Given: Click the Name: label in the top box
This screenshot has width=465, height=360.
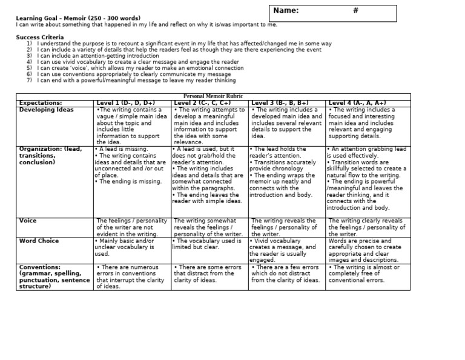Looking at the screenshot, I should tap(286, 11).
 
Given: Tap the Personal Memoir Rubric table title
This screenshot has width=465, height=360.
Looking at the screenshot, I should tap(209, 96).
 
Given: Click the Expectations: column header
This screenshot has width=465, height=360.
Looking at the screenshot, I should tap(41, 103).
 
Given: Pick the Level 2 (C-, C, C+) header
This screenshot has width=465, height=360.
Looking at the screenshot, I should tap(202, 103).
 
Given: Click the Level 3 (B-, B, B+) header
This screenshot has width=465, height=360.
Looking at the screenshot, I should tap(280, 103).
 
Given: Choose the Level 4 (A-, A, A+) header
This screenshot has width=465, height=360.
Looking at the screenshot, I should tap(357, 103).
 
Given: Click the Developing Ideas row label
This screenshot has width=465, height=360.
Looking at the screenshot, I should tap(47, 110).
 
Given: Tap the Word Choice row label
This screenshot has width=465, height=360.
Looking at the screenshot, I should tap(39, 241).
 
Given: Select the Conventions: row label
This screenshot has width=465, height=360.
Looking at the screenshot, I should tap(40, 267).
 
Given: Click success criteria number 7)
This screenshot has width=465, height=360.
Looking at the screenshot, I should tap(29, 79).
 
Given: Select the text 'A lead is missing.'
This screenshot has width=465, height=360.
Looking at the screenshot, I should tap(126, 148).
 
